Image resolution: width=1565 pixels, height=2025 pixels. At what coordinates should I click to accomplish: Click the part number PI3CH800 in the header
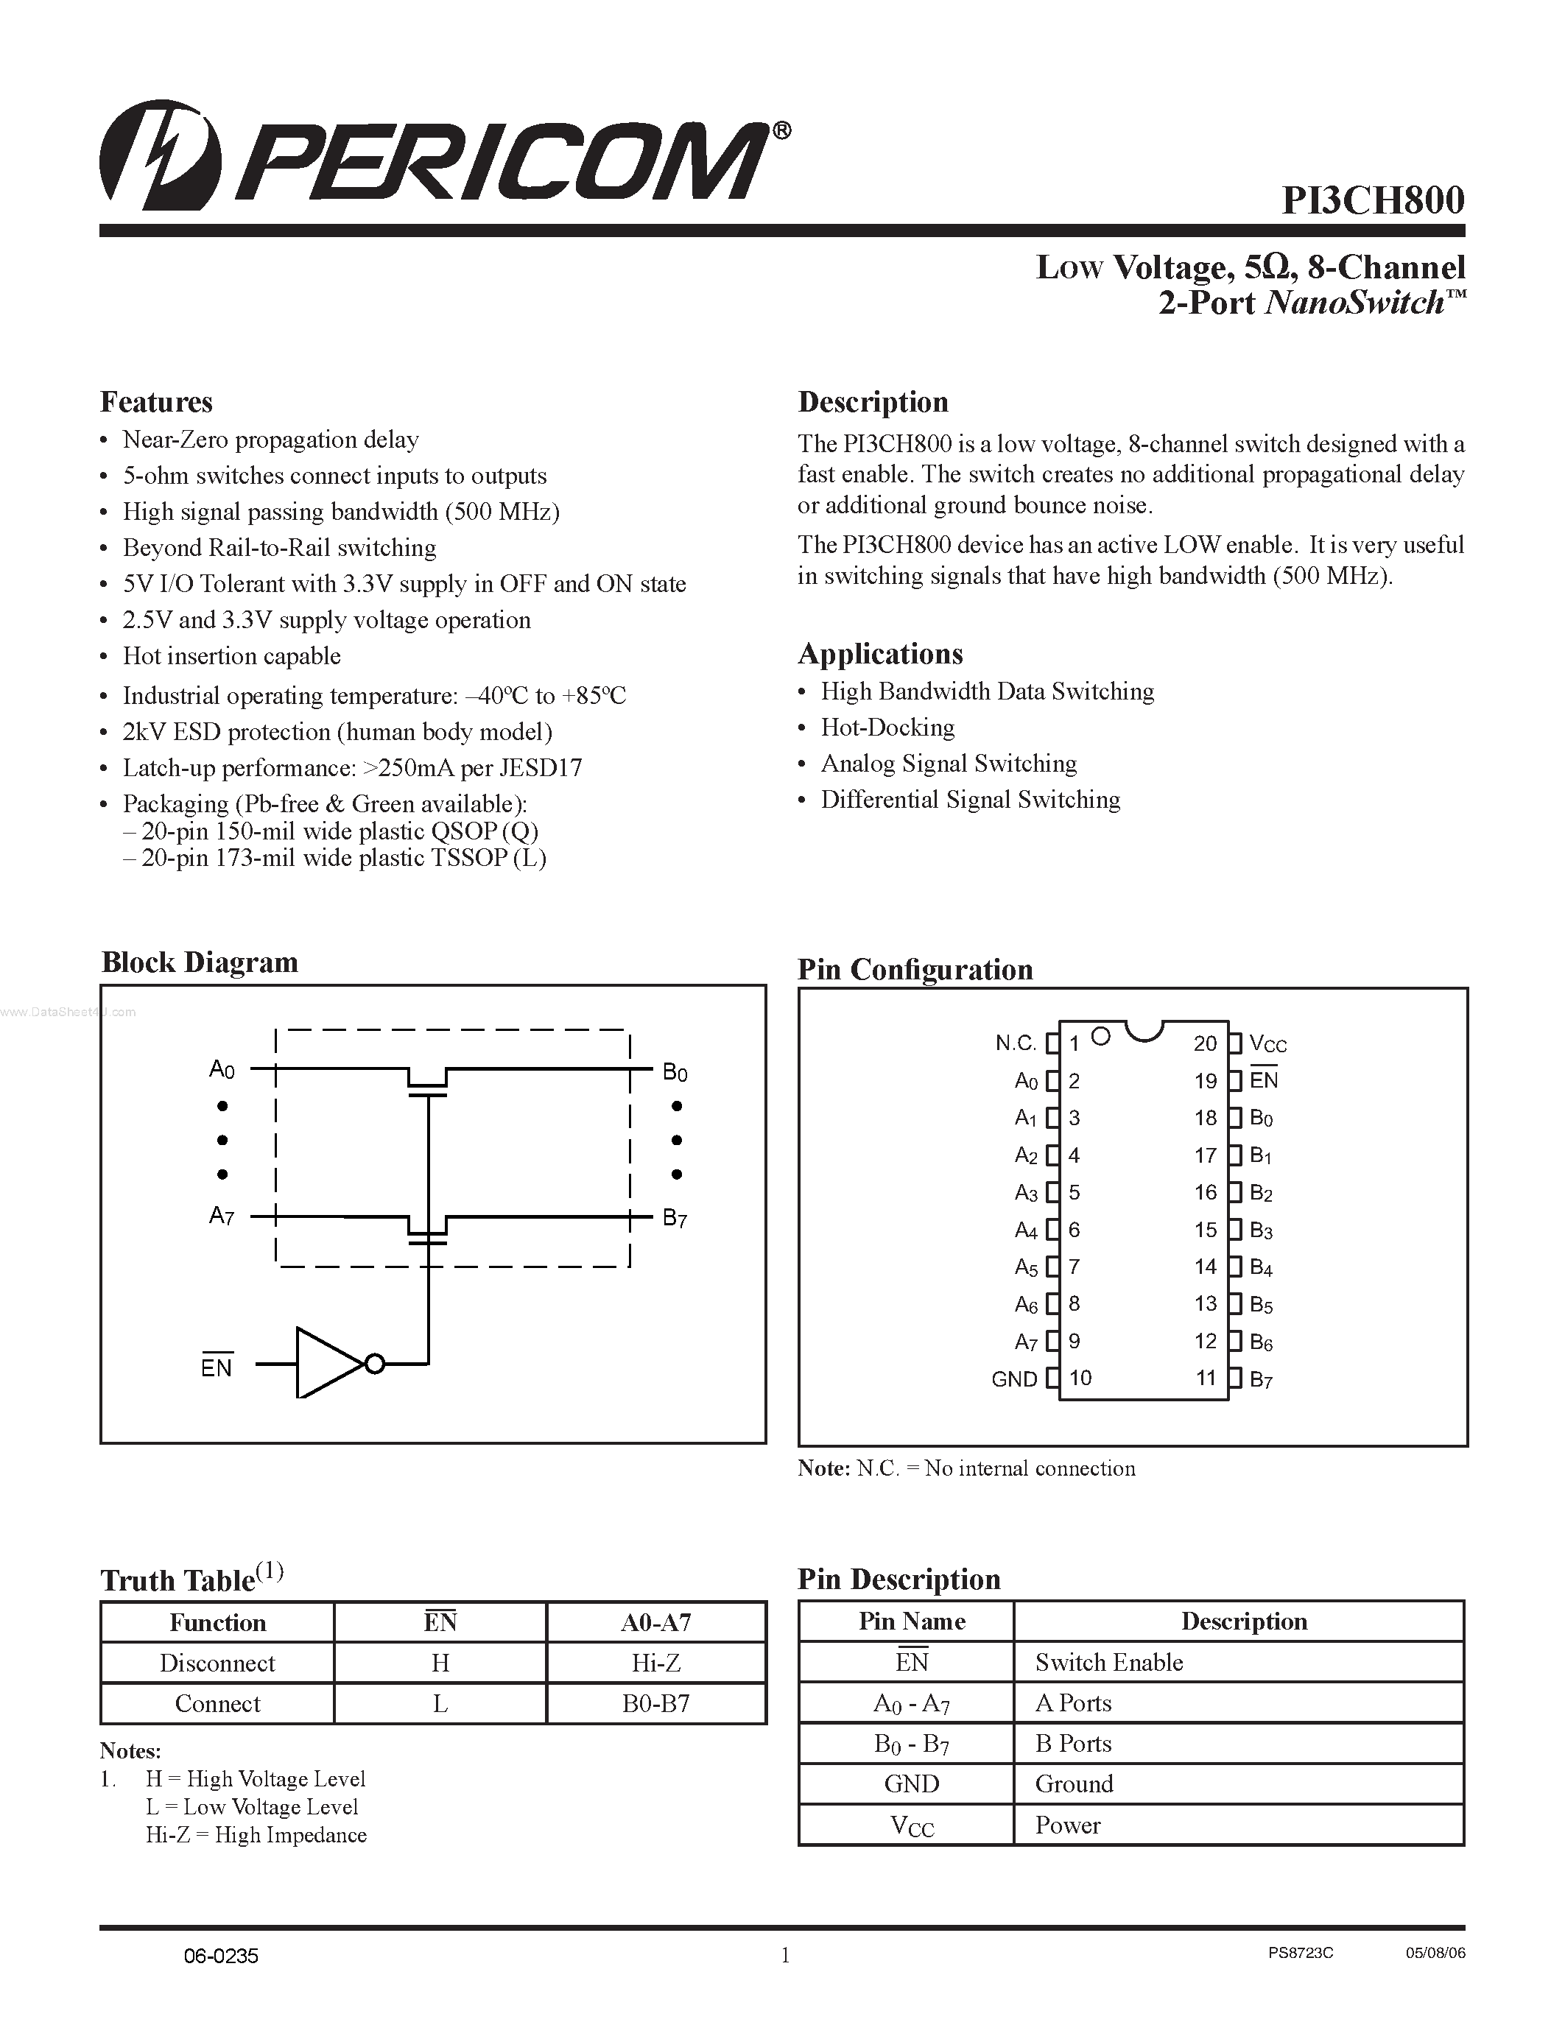1372,200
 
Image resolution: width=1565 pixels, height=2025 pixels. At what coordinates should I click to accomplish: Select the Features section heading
155,401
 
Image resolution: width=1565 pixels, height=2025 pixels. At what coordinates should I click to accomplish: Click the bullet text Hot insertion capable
232,656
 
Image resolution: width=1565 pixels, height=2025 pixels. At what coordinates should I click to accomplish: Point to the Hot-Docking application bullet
887,728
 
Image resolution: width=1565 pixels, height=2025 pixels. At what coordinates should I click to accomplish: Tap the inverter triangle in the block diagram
326,1363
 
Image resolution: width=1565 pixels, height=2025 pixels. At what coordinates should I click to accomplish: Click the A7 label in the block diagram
222,1216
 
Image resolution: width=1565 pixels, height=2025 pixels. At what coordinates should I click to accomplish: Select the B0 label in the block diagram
674,1073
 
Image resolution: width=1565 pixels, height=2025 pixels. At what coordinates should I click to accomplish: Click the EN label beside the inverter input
216,1367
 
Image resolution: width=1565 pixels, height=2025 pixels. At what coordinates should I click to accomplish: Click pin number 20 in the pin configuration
1204,1044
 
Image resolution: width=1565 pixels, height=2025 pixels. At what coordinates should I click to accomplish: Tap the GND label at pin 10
1013,1380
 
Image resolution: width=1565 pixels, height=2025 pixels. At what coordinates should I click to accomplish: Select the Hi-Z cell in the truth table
655,1663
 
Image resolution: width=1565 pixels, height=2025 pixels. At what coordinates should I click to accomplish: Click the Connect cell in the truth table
217,1704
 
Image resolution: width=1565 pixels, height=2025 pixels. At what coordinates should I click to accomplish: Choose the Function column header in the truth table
217,1623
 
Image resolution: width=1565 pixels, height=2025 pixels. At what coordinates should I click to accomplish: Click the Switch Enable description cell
1109,1663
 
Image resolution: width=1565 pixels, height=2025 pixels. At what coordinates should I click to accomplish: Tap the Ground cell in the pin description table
1074,1784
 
